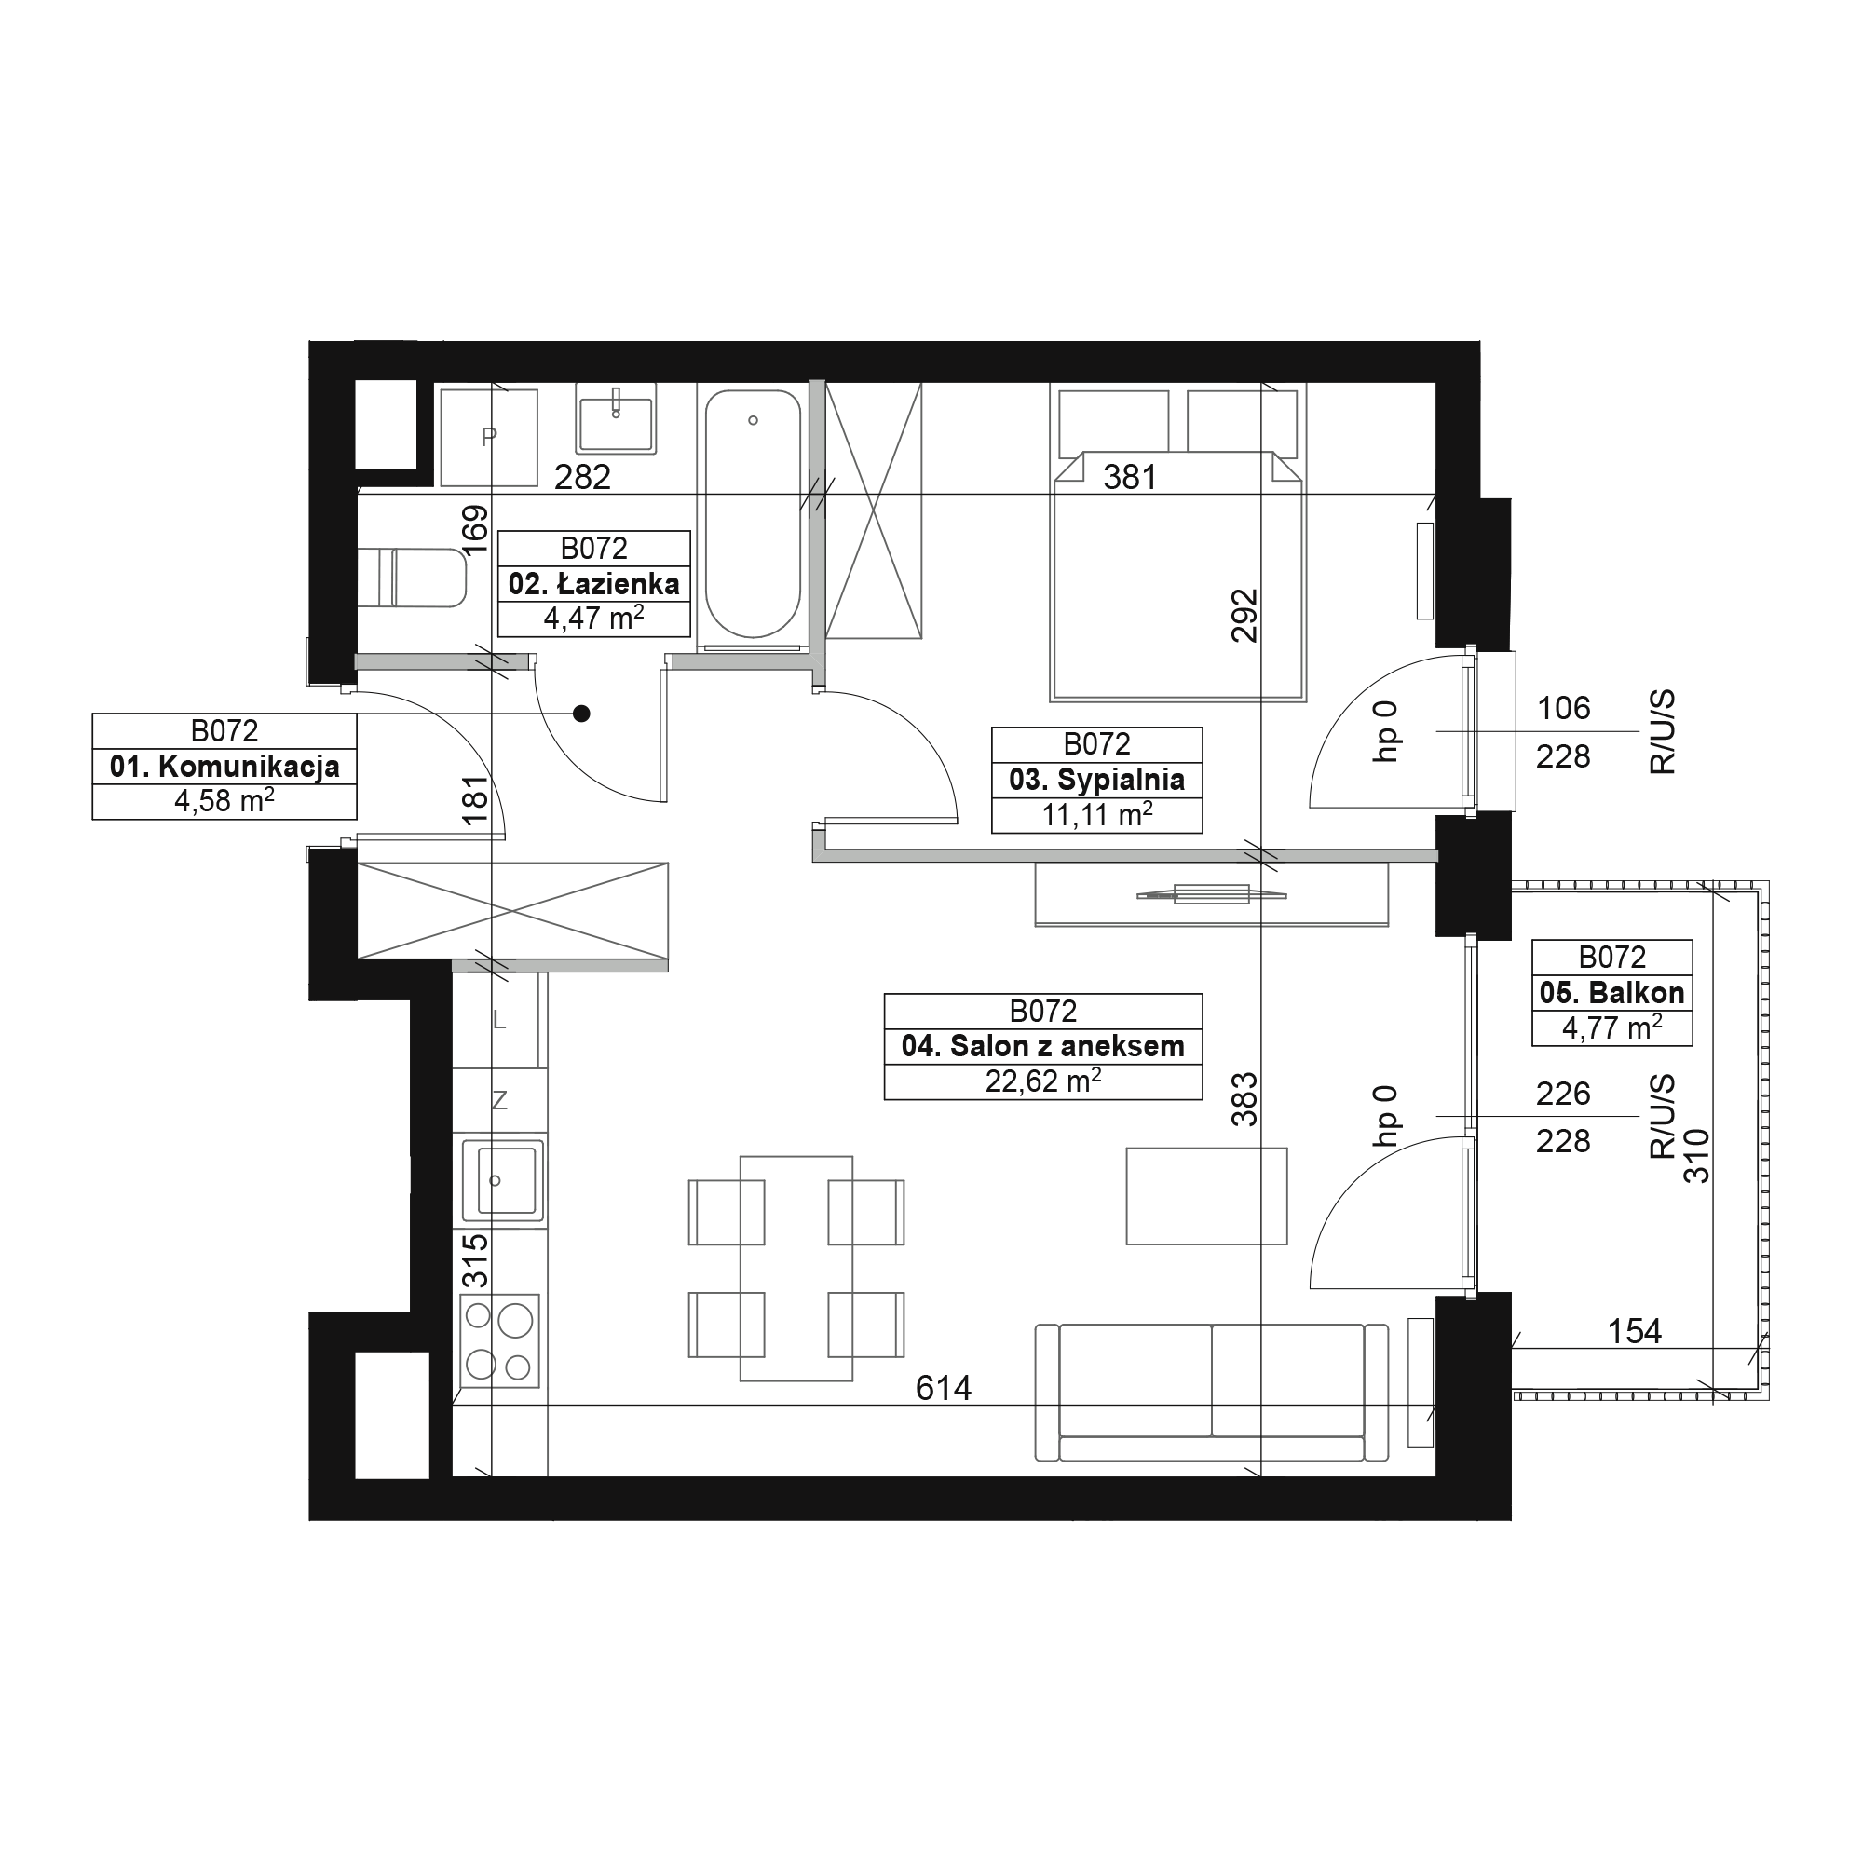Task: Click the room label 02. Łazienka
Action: [x=594, y=583]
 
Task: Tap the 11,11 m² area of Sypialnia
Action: [x=1097, y=815]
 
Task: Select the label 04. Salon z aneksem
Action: [x=1042, y=1046]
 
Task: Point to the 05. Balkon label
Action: [x=1612, y=992]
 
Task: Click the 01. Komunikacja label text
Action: [x=224, y=767]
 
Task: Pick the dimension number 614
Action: [x=943, y=1388]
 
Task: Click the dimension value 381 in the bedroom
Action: [x=1129, y=476]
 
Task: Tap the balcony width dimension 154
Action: [x=1635, y=1332]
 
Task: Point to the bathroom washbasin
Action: [x=616, y=417]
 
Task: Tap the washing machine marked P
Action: [x=489, y=438]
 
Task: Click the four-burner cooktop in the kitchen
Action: [x=499, y=1340]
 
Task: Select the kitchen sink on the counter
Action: [x=501, y=1180]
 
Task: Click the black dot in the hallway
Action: [x=581, y=714]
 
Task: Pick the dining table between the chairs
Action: [x=796, y=1268]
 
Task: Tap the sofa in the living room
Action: [x=1212, y=1393]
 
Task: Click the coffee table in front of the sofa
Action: [x=1206, y=1196]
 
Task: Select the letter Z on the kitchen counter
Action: [x=499, y=1100]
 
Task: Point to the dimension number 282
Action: [x=582, y=477]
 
